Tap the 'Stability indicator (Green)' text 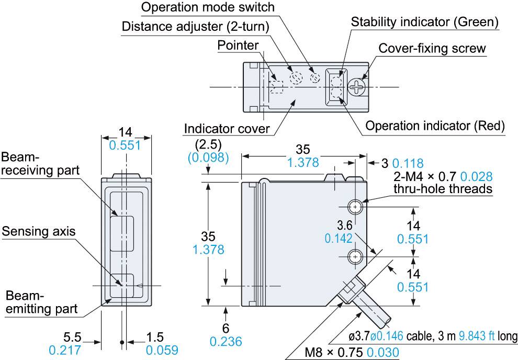pyautogui.click(x=424, y=22)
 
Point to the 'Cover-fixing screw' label pyautogui.click(x=432, y=49)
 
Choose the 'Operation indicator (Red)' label pyautogui.click(x=435, y=126)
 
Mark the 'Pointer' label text pyautogui.click(x=238, y=46)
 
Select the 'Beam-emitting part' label pyautogui.click(x=40, y=303)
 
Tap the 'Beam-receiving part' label pyautogui.click(x=40, y=164)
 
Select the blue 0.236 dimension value pyautogui.click(x=226, y=342)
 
